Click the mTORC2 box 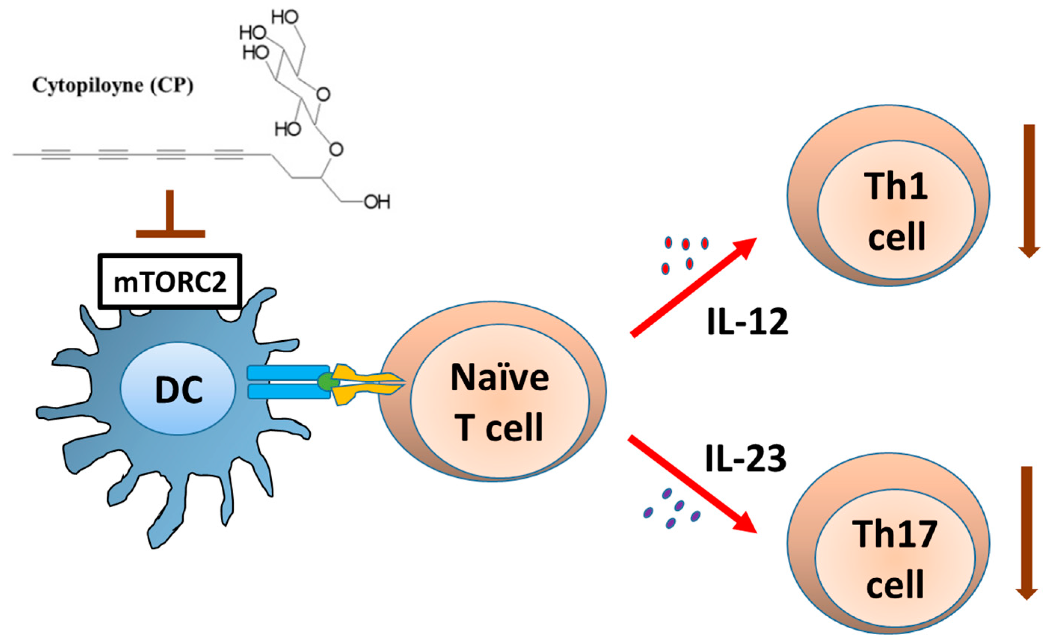pyautogui.click(x=170, y=282)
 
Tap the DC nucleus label pyautogui.click(x=179, y=391)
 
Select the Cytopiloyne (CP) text pyautogui.click(x=113, y=86)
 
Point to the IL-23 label pyautogui.click(x=745, y=459)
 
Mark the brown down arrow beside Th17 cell pyautogui.click(x=1027, y=532)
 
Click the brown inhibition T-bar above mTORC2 pyautogui.click(x=170, y=217)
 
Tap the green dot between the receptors pyautogui.click(x=326, y=382)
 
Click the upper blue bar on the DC pyautogui.click(x=289, y=373)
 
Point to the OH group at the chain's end pyautogui.click(x=377, y=202)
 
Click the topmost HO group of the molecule pyautogui.click(x=285, y=18)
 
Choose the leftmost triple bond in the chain pyautogui.click(x=56, y=155)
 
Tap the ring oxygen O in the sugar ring pyautogui.click(x=323, y=94)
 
